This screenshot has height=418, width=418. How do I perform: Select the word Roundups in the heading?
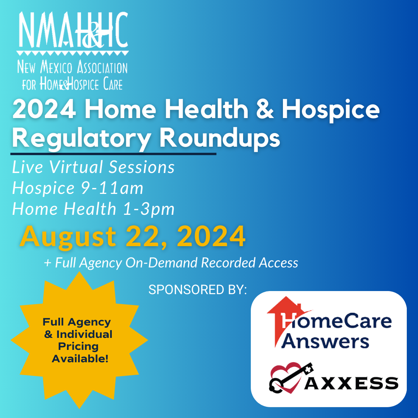point(220,138)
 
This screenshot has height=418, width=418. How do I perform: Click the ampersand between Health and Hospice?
point(265,109)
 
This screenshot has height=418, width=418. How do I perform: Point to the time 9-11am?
point(112,188)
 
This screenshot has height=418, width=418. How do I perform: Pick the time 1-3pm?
point(149,209)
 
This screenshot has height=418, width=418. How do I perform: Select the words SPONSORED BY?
point(197,290)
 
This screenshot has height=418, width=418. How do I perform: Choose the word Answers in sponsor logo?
point(325,341)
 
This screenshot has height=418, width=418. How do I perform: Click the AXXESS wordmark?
point(351,383)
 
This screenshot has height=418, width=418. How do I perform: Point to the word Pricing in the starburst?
point(78,346)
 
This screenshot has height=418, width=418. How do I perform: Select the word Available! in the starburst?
point(80,359)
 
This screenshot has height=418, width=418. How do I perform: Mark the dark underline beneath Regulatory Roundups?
point(113,154)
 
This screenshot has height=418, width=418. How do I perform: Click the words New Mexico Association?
point(72,67)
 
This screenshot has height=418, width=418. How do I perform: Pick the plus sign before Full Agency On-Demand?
point(48,263)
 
